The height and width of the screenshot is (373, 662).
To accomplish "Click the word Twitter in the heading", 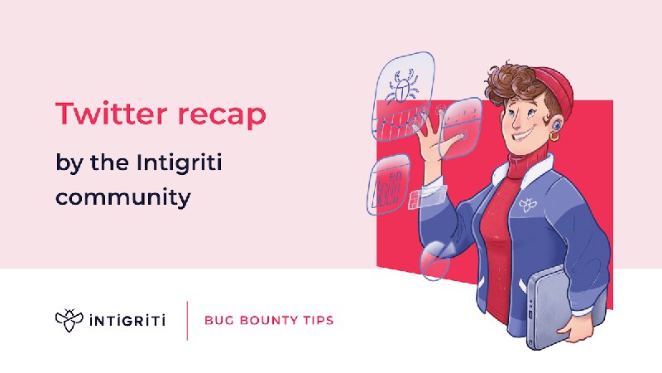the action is click(x=112, y=114).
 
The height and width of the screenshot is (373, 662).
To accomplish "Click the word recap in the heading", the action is click(x=222, y=115).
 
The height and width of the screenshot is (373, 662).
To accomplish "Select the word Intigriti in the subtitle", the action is click(x=179, y=163).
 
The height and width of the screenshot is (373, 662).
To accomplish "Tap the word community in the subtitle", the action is click(x=122, y=197).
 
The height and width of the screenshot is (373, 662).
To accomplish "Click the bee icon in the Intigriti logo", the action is click(x=70, y=320).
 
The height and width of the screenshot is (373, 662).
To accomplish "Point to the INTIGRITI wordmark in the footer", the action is click(x=127, y=321).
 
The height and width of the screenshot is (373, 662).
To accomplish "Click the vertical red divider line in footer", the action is click(x=187, y=321).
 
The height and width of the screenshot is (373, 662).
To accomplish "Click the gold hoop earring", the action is click(x=554, y=136).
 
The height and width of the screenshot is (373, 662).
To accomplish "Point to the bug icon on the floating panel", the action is click(x=402, y=87).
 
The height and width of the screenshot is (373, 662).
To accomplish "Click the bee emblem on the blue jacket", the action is click(x=527, y=205).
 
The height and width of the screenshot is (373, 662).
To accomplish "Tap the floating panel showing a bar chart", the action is click(x=388, y=184).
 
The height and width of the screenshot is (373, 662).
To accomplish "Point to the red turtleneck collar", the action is click(x=526, y=164).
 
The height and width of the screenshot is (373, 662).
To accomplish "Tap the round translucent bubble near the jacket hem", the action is click(x=435, y=260).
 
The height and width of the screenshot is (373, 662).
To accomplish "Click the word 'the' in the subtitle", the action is click(x=109, y=162).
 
